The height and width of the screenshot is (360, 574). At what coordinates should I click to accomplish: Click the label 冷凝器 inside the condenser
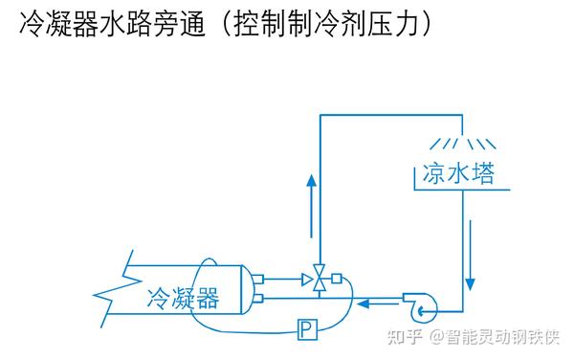point(183,299)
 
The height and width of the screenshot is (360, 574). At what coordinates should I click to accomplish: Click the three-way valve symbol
point(319,280)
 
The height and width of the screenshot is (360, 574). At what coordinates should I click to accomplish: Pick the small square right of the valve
point(336,280)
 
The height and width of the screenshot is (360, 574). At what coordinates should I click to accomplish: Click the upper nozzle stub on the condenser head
point(255,280)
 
